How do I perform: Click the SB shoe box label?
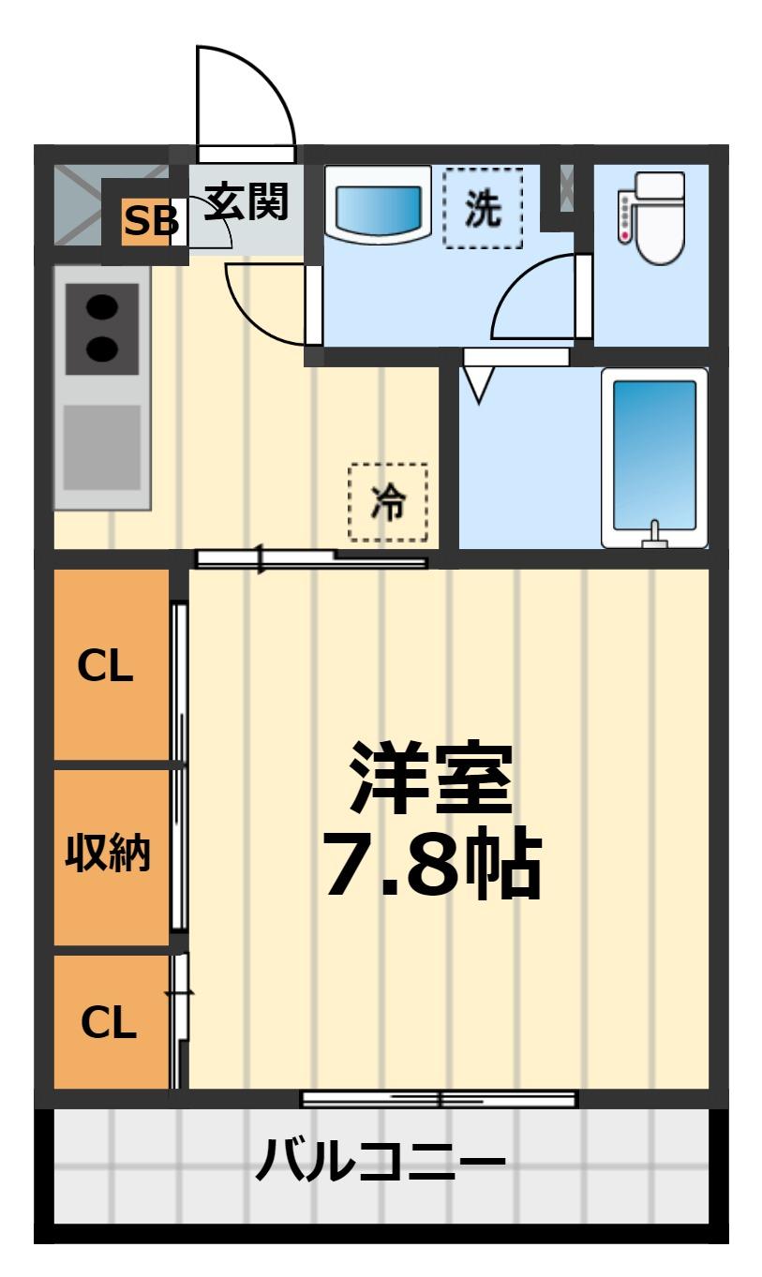click(x=149, y=222)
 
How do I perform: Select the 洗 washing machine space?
click(x=483, y=209)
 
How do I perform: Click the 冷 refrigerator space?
click(x=388, y=502)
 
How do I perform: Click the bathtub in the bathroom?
click(x=654, y=457)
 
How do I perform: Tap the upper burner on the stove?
click(x=103, y=307)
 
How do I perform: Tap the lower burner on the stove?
click(x=103, y=349)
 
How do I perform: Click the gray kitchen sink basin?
click(x=101, y=448)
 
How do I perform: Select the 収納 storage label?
click(x=108, y=854)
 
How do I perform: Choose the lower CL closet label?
click(x=109, y=1022)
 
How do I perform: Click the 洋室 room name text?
click(x=431, y=778)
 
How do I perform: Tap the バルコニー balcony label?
click(x=381, y=1162)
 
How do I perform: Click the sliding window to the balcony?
click(x=439, y=1099)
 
